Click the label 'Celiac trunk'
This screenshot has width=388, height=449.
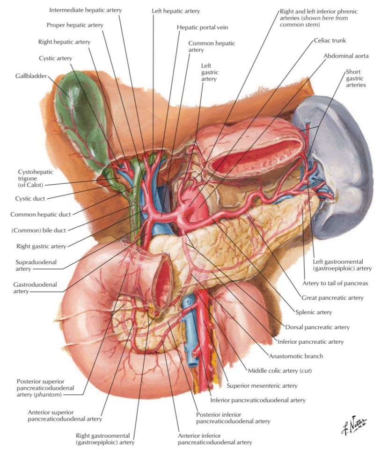point(330,41)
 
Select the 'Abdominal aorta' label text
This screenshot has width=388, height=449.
point(346,56)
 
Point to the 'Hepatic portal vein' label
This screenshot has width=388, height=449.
point(202,28)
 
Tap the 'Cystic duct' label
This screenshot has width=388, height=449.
point(30,198)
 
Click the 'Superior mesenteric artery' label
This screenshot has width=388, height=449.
point(262,386)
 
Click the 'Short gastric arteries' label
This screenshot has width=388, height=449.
point(355,79)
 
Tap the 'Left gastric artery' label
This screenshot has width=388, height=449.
point(209,72)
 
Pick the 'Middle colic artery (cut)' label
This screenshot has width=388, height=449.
point(279,371)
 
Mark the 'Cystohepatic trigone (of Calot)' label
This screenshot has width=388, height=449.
point(30,178)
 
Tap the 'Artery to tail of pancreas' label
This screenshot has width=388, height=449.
point(335,283)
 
